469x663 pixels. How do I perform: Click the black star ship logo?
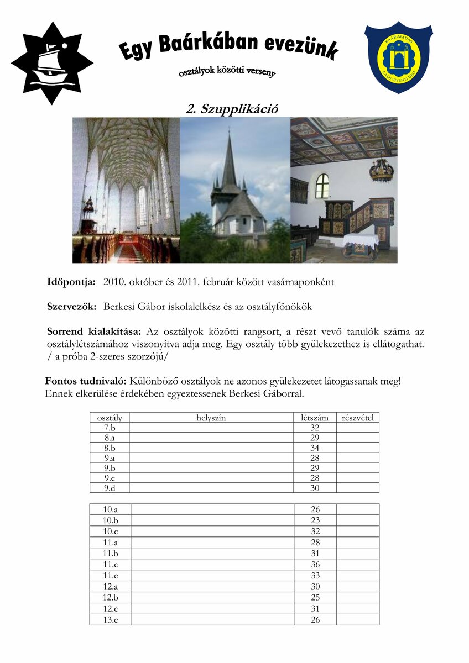(52, 63)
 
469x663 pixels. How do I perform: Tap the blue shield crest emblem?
(398, 57)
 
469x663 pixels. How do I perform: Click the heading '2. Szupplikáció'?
(232, 109)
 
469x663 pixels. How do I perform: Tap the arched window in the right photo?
(322, 186)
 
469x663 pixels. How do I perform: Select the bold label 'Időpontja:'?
(71, 282)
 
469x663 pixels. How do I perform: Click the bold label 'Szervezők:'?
(72, 307)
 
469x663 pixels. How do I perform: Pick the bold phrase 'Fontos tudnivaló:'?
(86, 382)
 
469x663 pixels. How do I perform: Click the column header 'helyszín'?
(211, 418)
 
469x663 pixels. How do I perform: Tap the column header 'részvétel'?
(357, 418)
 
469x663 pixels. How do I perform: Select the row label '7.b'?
(110, 428)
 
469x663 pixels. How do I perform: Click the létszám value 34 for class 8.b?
(315, 448)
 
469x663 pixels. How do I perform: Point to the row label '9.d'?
(110, 488)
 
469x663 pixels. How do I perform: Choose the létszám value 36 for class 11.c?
(315, 565)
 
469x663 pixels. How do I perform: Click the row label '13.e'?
(110, 620)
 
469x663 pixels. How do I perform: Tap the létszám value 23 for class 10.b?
(315, 520)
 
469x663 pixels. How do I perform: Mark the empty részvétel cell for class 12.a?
(357, 587)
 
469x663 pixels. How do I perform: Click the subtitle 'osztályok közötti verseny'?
(227, 73)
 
